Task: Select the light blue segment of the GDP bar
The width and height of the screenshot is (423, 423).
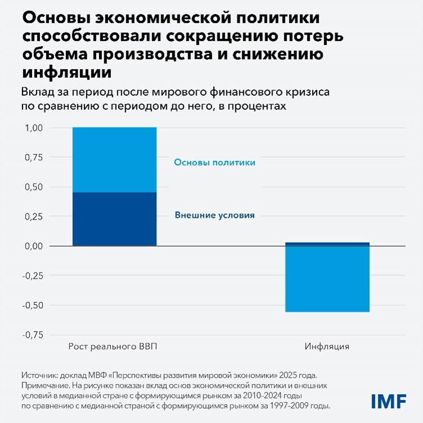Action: [x=114, y=159]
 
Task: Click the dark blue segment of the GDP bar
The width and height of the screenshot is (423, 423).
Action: [x=114, y=219]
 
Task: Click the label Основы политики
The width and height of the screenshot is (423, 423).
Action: [x=215, y=162]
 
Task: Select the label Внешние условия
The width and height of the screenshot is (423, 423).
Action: [x=215, y=215]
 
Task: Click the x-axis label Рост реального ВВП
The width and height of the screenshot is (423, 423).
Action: [x=113, y=346]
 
